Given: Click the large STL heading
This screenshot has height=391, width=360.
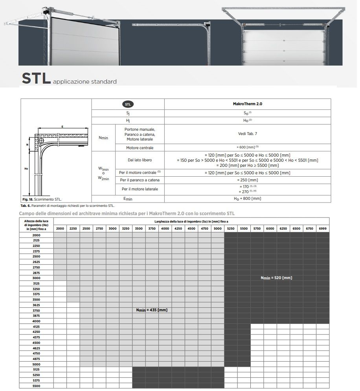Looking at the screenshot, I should tap(36, 78).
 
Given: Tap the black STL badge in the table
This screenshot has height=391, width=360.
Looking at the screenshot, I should tap(128, 104).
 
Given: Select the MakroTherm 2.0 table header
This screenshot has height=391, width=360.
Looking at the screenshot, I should tap(248, 104).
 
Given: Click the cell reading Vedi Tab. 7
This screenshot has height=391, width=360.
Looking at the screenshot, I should tap(248, 134).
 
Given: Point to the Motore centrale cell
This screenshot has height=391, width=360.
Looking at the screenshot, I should tap(140, 148).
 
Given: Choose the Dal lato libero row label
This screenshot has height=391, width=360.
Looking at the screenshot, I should tap(140, 160).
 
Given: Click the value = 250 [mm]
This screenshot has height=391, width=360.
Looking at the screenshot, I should tap(248, 180).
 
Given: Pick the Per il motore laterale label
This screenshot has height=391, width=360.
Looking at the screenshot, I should tap(140, 189).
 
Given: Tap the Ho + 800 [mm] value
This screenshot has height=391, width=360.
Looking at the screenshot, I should tap(248, 199).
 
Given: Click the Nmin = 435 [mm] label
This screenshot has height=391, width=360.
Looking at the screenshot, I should tap(152, 310).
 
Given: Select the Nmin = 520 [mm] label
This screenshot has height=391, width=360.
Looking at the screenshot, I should tap(276, 278).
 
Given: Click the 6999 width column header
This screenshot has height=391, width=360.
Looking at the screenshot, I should tap(323, 228).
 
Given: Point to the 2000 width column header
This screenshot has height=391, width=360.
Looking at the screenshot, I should tap(60, 228).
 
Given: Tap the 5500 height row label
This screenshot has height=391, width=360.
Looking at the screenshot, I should tap(36, 386).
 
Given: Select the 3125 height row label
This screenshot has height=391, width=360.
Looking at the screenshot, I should tap(36, 283).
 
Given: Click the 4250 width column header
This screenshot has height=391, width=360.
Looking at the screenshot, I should tap(178, 228).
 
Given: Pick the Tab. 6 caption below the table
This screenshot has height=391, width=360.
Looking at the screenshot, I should tap(67, 205).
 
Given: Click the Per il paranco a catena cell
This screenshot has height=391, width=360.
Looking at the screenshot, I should tap(140, 180).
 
